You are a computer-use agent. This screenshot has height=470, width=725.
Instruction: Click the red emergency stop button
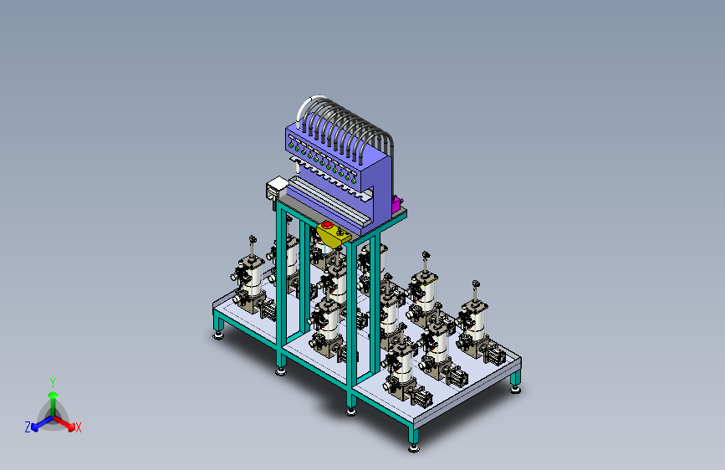click(x=327, y=225)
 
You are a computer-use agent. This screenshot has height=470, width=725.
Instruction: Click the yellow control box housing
click(x=334, y=235)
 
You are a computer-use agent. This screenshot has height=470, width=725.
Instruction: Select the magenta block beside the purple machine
click(x=396, y=204)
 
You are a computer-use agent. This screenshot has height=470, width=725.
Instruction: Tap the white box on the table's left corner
click(x=276, y=188)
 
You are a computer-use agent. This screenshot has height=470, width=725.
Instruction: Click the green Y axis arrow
click(x=54, y=402)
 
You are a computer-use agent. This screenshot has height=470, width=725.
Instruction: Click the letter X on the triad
click(x=78, y=428)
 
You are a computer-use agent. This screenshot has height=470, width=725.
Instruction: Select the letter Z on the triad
click(x=28, y=427)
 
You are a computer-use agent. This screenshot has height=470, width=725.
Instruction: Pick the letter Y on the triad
click(x=53, y=382)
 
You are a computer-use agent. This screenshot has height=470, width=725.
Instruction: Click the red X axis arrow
click(x=64, y=423)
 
